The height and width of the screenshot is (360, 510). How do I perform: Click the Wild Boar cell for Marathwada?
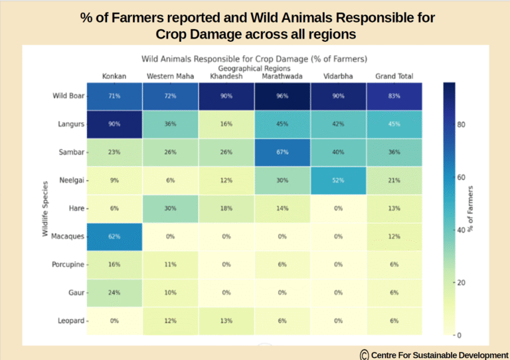pyautogui.click(x=282, y=96)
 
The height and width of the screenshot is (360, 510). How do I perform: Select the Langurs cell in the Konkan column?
pyautogui.click(x=114, y=124)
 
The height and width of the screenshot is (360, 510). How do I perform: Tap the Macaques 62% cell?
pyautogui.click(x=114, y=236)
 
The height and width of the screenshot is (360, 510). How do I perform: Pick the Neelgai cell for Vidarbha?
pyautogui.click(x=338, y=180)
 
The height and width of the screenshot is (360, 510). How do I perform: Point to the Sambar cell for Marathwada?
pyautogui.click(x=282, y=152)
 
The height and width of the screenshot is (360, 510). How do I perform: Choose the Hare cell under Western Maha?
pyautogui.click(x=170, y=209)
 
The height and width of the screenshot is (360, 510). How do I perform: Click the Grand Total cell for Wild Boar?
pyautogui.click(x=394, y=96)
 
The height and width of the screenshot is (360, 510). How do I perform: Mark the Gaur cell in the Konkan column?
pyautogui.click(x=114, y=293)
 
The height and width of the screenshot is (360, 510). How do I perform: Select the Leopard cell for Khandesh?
pyautogui.click(x=226, y=321)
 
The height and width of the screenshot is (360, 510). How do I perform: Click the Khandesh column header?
pyautogui.click(x=226, y=76)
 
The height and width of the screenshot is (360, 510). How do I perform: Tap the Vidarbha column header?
pyautogui.click(x=338, y=76)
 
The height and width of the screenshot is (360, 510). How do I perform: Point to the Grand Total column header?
pyautogui.click(x=394, y=76)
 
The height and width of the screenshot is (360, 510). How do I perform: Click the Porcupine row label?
pyautogui.click(x=68, y=264)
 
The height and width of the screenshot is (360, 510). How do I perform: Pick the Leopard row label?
pyautogui.click(x=70, y=321)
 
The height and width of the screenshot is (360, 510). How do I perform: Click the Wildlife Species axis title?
pyautogui.click(x=45, y=209)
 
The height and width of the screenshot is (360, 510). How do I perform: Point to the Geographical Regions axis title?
pyautogui.click(x=254, y=68)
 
